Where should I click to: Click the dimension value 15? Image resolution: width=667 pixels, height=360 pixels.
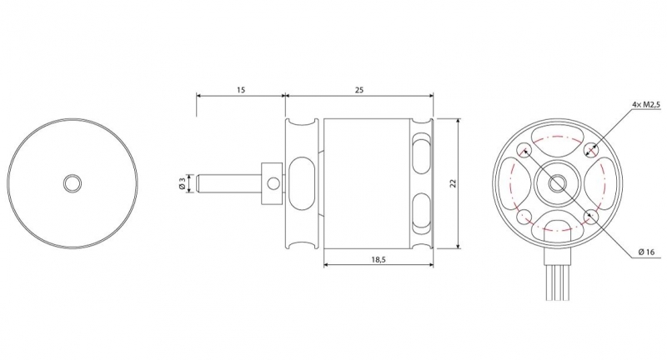(241, 90)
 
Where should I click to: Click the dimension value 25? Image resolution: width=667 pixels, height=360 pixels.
(359, 90)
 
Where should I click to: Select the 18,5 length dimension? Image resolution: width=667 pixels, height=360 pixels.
(378, 260)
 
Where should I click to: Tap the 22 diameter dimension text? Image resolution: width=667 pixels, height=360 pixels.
(453, 183)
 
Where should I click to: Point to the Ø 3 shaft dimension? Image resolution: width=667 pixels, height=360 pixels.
(182, 183)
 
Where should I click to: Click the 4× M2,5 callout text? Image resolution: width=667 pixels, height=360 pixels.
(646, 104)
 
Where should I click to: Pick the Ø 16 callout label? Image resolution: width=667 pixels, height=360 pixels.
(647, 252)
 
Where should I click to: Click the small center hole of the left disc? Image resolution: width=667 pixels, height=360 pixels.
(73, 183)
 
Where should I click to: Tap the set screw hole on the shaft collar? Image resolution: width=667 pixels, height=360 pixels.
(274, 183)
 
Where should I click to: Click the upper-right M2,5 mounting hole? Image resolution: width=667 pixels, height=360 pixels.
(591, 149)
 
